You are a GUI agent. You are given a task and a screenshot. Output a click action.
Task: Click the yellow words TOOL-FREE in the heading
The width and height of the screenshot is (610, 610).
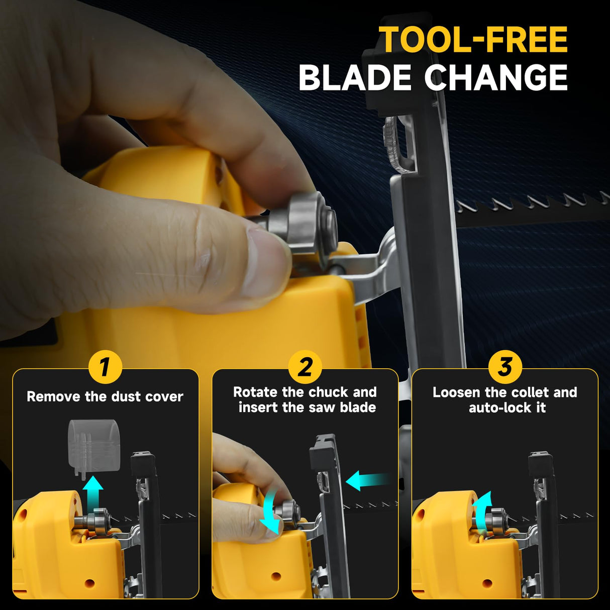[473, 40]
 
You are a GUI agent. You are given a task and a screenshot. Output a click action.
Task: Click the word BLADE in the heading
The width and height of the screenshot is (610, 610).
[355, 78]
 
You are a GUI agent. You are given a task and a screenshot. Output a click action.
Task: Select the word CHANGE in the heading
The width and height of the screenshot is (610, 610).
[496, 78]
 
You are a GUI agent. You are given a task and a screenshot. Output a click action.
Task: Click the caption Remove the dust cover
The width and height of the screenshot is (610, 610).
[105, 396]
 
